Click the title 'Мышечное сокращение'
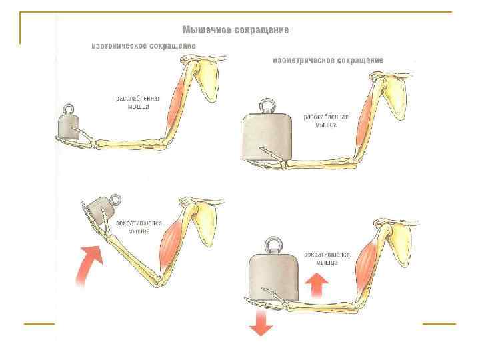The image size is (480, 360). point(236,30)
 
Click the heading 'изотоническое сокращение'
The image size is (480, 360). point(143,45)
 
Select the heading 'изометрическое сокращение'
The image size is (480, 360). point(327,60)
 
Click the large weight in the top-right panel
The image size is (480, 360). point(266,137)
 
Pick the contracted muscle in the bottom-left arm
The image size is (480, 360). point(171,243)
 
